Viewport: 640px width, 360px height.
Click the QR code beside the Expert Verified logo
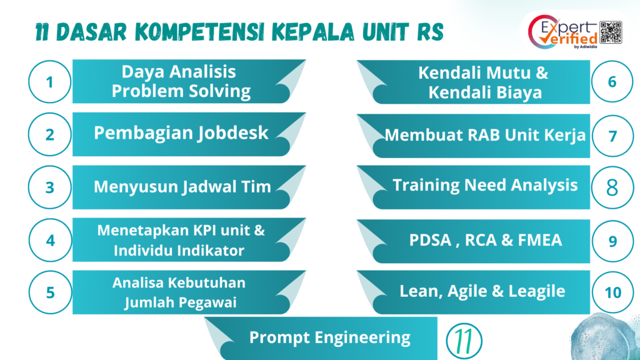click(x=611, y=32)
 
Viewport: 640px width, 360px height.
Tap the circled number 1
click(x=50, y=82)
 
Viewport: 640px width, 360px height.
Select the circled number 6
click(x=612, y=82)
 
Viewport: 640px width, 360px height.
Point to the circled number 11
click(x=464, y=341)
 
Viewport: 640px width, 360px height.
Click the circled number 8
click(x=612, y=187)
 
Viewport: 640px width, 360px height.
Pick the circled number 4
click(x=50, y=240)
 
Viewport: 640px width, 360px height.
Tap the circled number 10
click(x=612, y=292)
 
